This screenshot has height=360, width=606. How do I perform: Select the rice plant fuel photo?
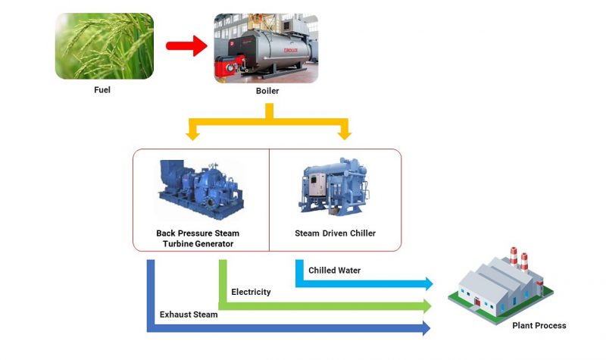[105, 46]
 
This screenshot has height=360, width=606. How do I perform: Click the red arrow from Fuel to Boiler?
[186, 46]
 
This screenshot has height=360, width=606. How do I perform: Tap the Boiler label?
[267, 91]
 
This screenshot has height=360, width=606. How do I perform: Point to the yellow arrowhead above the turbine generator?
[193, 135]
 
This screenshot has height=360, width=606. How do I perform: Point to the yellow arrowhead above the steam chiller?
[345, 135]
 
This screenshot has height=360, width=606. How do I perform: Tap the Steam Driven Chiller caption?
[335, 233]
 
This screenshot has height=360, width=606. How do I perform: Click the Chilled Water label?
[334, 271]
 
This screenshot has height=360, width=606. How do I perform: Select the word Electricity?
[251, 292]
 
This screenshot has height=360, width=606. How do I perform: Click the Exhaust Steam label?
[189, 315]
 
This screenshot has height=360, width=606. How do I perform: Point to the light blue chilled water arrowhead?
[428, 283]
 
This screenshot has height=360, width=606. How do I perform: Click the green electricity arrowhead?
[428, 305]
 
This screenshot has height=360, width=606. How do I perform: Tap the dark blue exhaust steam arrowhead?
[426, 328]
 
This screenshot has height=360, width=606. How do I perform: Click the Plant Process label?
[539, 326]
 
